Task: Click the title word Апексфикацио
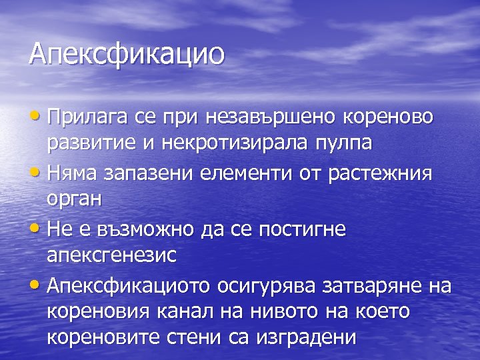click(x=127, y=53)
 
